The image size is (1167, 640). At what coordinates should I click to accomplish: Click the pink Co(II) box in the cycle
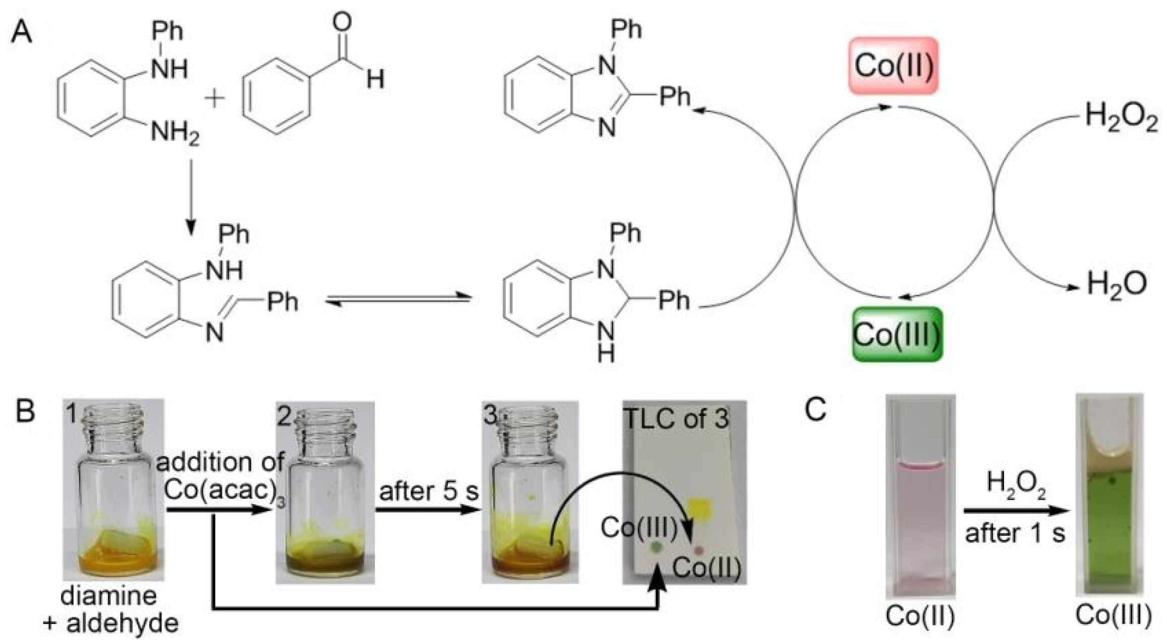click(894, 66)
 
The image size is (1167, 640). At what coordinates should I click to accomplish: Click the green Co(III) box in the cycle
click(896, 334)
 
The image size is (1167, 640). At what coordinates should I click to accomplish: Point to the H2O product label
click(1116, 284)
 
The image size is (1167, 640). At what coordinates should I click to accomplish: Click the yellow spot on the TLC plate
click(701, 508)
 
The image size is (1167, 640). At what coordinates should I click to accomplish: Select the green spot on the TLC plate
click(655, 546)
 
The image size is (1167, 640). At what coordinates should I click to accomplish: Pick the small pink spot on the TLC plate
click(699, 549)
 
